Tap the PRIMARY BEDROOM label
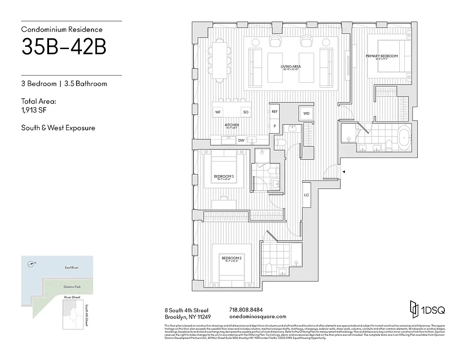click(x=381, y=56)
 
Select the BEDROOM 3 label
click(x=223, y=176)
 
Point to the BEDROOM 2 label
click(x=231, y=258)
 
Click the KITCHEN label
click(x=232, y=125)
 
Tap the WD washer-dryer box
click(x=306, y=113)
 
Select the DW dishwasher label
click(x=241, y=140)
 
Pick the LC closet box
click(x=306, y=195)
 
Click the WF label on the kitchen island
click(x=217, y=112)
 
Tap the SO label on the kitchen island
click(x=246, y=112)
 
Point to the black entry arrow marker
click(x=344, y=172)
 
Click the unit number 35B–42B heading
click(x=63, y=48)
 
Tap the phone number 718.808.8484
click(x=246, y=310)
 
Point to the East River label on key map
click(x=72, y=268)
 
